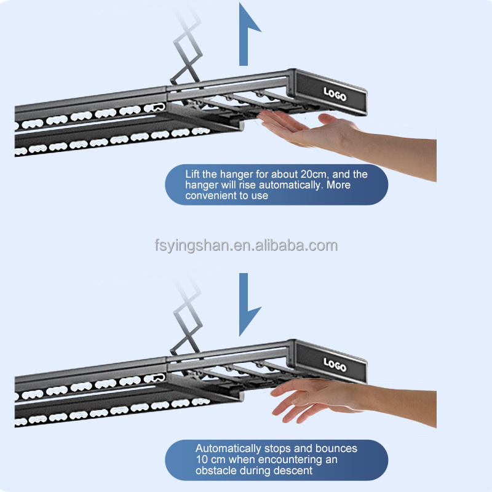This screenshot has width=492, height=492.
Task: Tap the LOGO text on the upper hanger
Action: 335,94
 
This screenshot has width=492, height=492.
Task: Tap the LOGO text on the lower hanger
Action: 335,365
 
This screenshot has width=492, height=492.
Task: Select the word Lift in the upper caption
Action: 192,174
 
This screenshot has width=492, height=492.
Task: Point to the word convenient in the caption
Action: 211,196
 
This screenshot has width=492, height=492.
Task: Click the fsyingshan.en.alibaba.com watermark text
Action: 247,245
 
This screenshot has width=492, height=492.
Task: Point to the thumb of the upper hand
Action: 333,121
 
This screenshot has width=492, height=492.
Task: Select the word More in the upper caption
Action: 338,185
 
